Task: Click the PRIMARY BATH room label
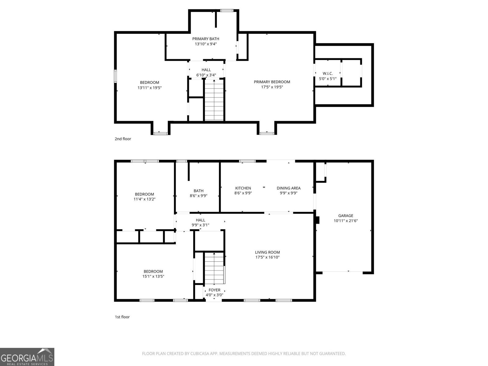206,39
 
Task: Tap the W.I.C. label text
328,74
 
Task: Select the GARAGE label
346,216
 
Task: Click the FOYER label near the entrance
214,290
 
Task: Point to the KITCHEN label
243,188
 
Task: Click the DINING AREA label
289,188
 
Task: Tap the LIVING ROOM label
267,252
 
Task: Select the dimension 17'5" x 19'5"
272,87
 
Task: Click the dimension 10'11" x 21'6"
346,221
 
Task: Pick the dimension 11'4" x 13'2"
145,199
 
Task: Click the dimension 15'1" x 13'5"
153,276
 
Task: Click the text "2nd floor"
123,139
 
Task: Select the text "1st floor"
122,317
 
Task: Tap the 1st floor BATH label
199,191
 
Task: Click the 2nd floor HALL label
206,70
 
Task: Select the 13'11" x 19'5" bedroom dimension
149,88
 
